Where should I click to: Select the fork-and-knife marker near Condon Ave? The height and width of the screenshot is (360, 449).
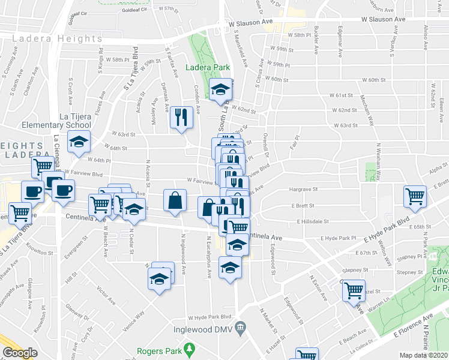pyautogui.click(x=181, y=117)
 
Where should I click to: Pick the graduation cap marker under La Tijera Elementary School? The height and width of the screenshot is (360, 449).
pyautogui.click(x=79, y=142)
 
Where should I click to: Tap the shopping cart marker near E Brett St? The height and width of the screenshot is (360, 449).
pyautogui.click(x=415, y=196)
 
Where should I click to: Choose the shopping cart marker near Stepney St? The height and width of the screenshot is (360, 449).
pyautogui.click(x=354, y=290)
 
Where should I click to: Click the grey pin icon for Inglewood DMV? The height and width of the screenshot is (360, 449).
pyautogui.click(x=241, y=326)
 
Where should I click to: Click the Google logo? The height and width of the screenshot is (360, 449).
pyautogui.click(x=20, y=353)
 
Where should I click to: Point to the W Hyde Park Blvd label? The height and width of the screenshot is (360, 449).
pyautogui.click(x=209, y=317)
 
